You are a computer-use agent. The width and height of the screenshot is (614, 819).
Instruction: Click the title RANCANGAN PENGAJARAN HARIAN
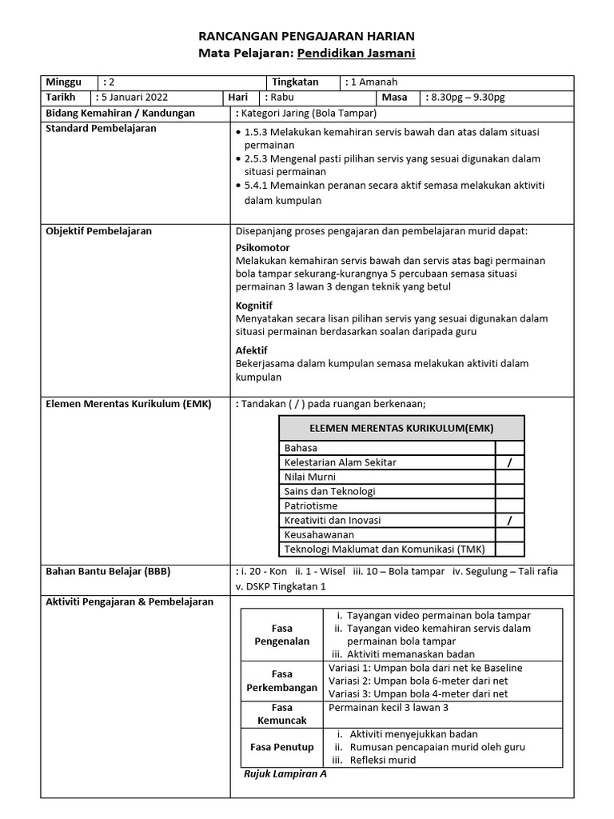point(306,37)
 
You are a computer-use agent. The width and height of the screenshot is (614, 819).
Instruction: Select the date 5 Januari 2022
point(132,98)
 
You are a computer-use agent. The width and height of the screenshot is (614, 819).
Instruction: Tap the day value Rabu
point(281,98)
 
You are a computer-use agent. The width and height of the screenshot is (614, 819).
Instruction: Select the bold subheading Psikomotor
point(263,248)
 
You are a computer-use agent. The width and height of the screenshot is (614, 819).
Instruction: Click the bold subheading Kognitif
point(254,306)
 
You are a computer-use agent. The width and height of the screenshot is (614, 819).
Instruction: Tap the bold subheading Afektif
point(252,350)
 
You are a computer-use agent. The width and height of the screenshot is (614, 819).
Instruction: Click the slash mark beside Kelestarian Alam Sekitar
point(509,462)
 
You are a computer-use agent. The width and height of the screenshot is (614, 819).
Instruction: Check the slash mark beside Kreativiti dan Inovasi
point(509,520)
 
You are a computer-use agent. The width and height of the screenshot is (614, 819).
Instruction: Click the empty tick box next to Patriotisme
point(509,505)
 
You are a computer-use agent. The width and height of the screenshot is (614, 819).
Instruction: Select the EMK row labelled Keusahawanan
point(319,534)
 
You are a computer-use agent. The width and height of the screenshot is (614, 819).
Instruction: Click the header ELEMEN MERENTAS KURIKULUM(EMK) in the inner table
point(401,429)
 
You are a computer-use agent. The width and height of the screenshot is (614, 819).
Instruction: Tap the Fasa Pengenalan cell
point(281,635)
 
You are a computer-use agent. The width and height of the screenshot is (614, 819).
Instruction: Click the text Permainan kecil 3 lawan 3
point(389,708)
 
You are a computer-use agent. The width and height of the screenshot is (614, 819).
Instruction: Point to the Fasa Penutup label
point(281,747)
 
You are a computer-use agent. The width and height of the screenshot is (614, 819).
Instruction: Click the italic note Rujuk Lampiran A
point(285,774)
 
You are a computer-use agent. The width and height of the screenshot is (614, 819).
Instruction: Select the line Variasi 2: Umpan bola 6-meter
point(418,681)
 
